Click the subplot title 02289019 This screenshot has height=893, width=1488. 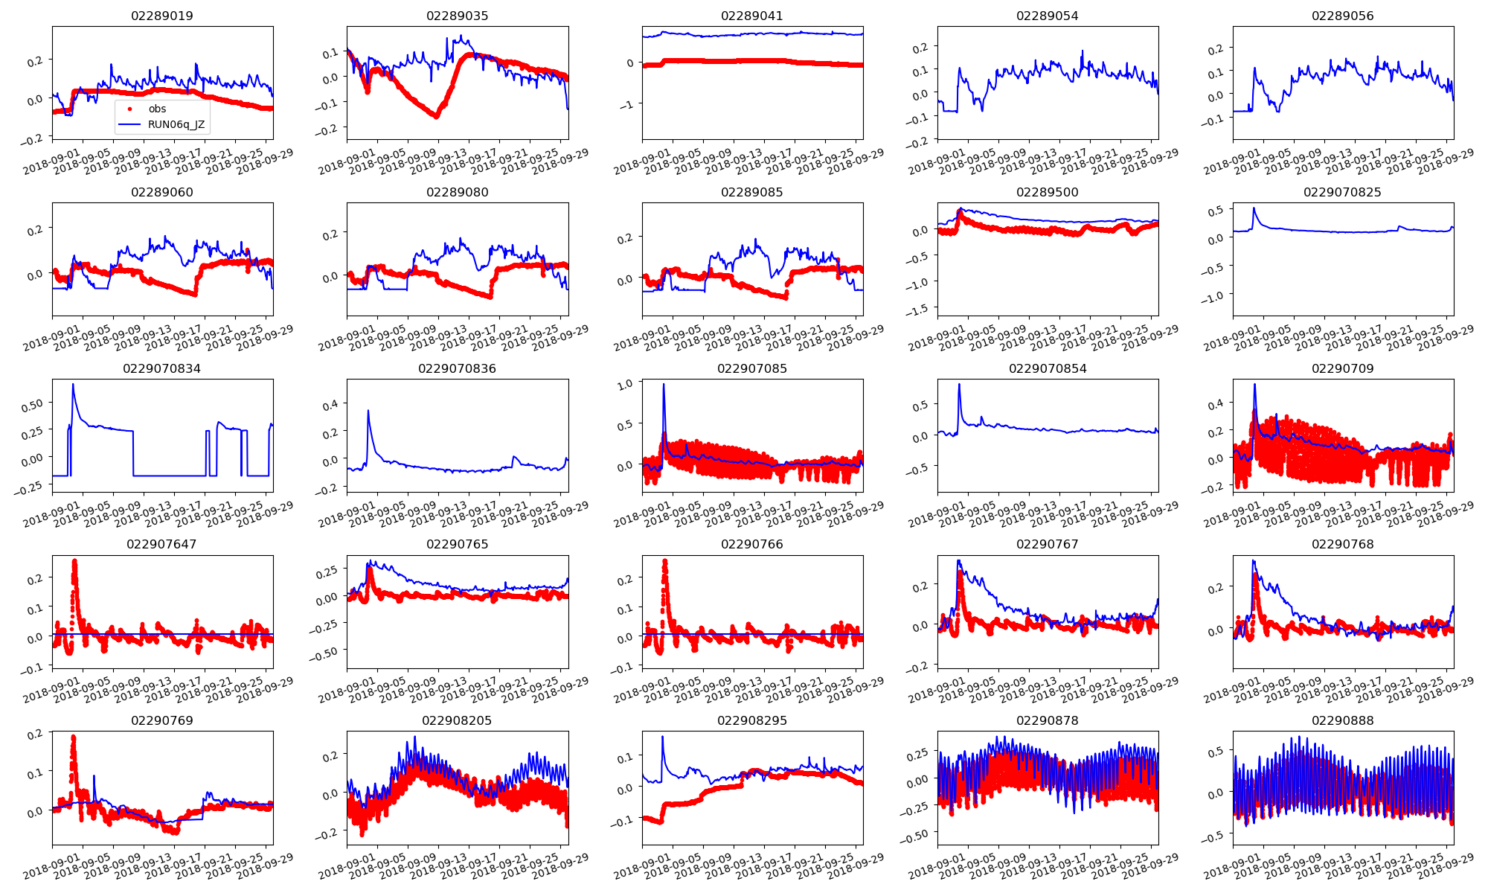tap(161, 16)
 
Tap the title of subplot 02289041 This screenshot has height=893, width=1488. tap(751, 16)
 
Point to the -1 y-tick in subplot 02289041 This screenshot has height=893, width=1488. tap(629, 105)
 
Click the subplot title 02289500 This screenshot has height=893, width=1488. tap(1047, 192)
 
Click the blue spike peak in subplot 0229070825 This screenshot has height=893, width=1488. tap(1254, 208)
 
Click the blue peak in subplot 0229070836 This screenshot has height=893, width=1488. tap(368, 410)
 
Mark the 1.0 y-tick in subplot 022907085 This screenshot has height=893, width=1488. tap(625, 384)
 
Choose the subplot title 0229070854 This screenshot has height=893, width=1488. tap(1047, 368)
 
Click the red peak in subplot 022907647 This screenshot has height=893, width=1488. tap(74, 561)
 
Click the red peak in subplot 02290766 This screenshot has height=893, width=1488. tap(664, 561)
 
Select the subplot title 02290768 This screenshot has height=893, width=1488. tap(1342, 544)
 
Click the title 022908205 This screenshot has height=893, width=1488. tap(457, 720)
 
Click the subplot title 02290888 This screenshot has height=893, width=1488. tap(1342, 720)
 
